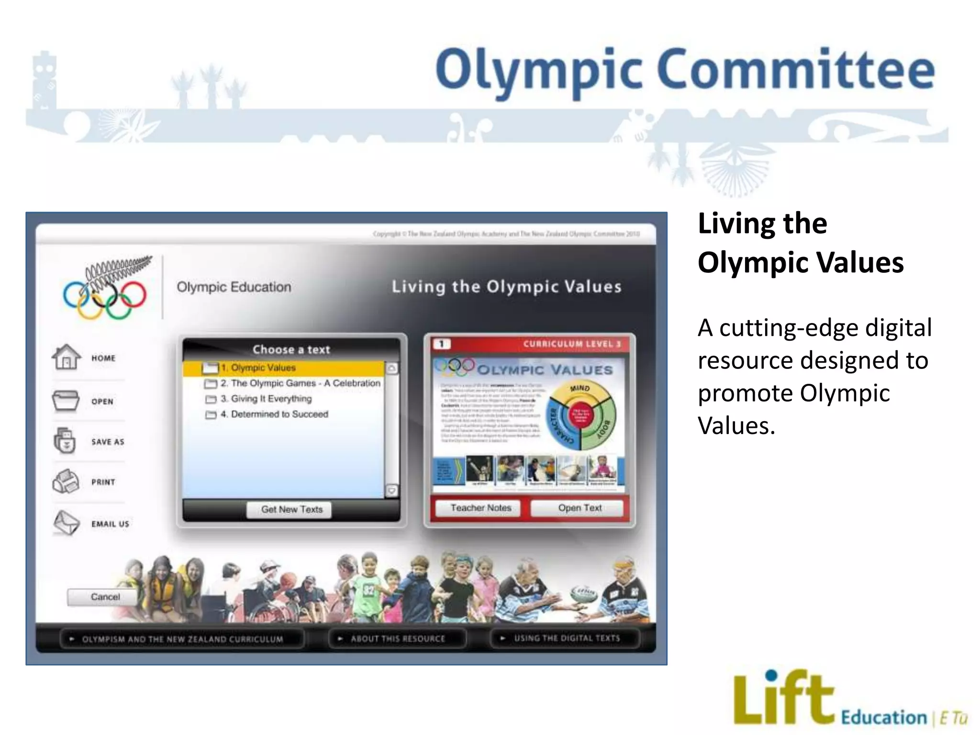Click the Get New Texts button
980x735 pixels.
click(292, 510)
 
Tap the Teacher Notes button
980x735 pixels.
click(480, 508)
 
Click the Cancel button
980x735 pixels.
click(105, 597)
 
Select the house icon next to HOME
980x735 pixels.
click(67, 357)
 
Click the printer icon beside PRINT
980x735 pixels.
click(66, 481)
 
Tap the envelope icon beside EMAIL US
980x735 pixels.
click(66, 523)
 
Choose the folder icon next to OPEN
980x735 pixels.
click(66, 401)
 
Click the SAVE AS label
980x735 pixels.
click(108, 442)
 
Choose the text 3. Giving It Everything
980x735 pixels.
click(271, 399)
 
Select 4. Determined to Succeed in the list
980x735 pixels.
click(279, 414)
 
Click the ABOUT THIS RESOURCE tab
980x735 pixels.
click(397, 638)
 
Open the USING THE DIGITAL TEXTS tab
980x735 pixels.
click(566, 638)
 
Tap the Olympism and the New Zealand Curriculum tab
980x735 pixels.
click(182, 639)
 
